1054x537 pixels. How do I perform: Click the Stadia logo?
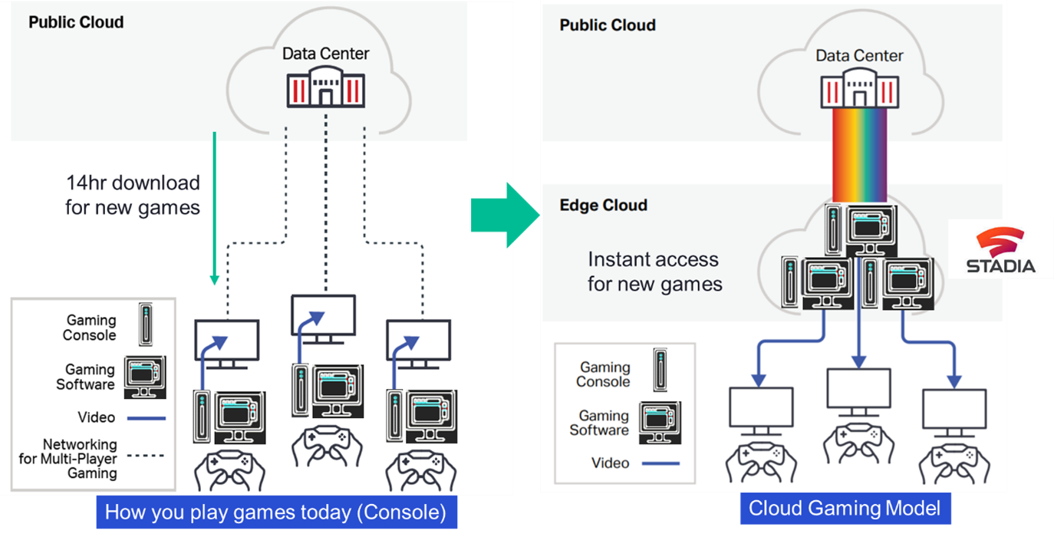(1000, 250)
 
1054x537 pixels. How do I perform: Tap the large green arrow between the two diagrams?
(506, 215)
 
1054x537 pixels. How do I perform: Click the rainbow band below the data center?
(859, 155)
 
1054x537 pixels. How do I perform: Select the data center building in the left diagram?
(325, 87)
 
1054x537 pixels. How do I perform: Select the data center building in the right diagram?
(860, 88)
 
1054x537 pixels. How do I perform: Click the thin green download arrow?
(215, 209)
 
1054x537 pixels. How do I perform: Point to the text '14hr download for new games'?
(133, 196)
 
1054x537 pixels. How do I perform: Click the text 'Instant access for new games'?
(654, 272)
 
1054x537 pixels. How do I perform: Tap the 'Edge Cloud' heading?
(603, 205)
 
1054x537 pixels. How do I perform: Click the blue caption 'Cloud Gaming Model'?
(845, 509)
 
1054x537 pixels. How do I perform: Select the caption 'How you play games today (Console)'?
(277, 512)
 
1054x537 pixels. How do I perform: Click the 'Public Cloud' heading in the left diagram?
(76, 22)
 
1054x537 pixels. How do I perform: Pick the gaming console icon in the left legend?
(146, 325)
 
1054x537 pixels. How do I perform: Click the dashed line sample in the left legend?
(146, 456)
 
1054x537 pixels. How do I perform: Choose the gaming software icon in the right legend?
(660, 423)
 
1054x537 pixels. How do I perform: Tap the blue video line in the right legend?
(660, 463)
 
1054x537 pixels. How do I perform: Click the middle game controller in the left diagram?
(327, 446)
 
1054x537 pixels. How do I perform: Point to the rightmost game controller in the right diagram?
(954, 463)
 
